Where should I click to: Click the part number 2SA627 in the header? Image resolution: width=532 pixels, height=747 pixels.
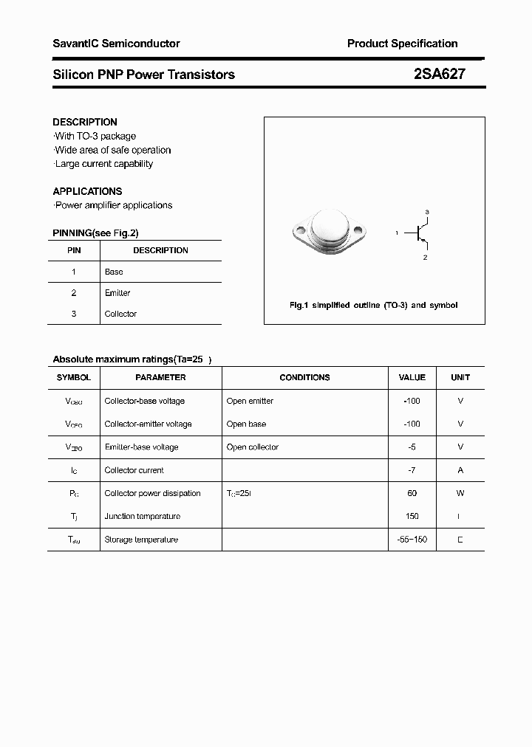coord(439,74)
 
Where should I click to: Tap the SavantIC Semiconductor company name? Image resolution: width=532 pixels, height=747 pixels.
coord(116,44)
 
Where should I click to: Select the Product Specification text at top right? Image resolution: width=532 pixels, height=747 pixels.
coord(402,44)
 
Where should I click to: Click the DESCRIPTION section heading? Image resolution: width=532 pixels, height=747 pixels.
coord(85,122)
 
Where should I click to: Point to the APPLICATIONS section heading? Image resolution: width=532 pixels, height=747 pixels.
coord(87,191)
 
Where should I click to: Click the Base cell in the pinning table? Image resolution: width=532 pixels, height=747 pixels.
coord(114,272)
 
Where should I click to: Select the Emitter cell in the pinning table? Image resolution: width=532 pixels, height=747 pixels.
coord(117,293)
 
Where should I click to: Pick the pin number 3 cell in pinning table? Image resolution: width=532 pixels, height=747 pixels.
coord(74,314)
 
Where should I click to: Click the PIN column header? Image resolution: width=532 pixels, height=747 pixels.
coord(74,250)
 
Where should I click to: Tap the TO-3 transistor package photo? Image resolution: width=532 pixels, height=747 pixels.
coord(330,233)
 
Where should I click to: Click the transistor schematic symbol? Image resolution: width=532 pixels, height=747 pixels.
coord(419,233)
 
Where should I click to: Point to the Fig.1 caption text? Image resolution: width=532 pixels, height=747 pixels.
coord(373,305)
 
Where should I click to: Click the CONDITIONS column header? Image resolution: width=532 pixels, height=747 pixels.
coord(304,377)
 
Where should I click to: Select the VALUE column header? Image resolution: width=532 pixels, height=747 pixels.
coord(412,377)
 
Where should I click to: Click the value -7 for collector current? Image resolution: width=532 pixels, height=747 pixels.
coord(412,470)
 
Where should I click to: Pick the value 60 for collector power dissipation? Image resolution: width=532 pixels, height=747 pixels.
coord(412,493)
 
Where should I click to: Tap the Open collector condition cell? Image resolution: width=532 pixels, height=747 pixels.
coord(253,447)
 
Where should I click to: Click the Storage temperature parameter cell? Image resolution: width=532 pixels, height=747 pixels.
coord(141,540)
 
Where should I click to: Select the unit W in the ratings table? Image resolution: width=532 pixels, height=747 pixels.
coord(460,493)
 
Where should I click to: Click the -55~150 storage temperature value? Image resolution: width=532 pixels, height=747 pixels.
coord(412,540)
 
